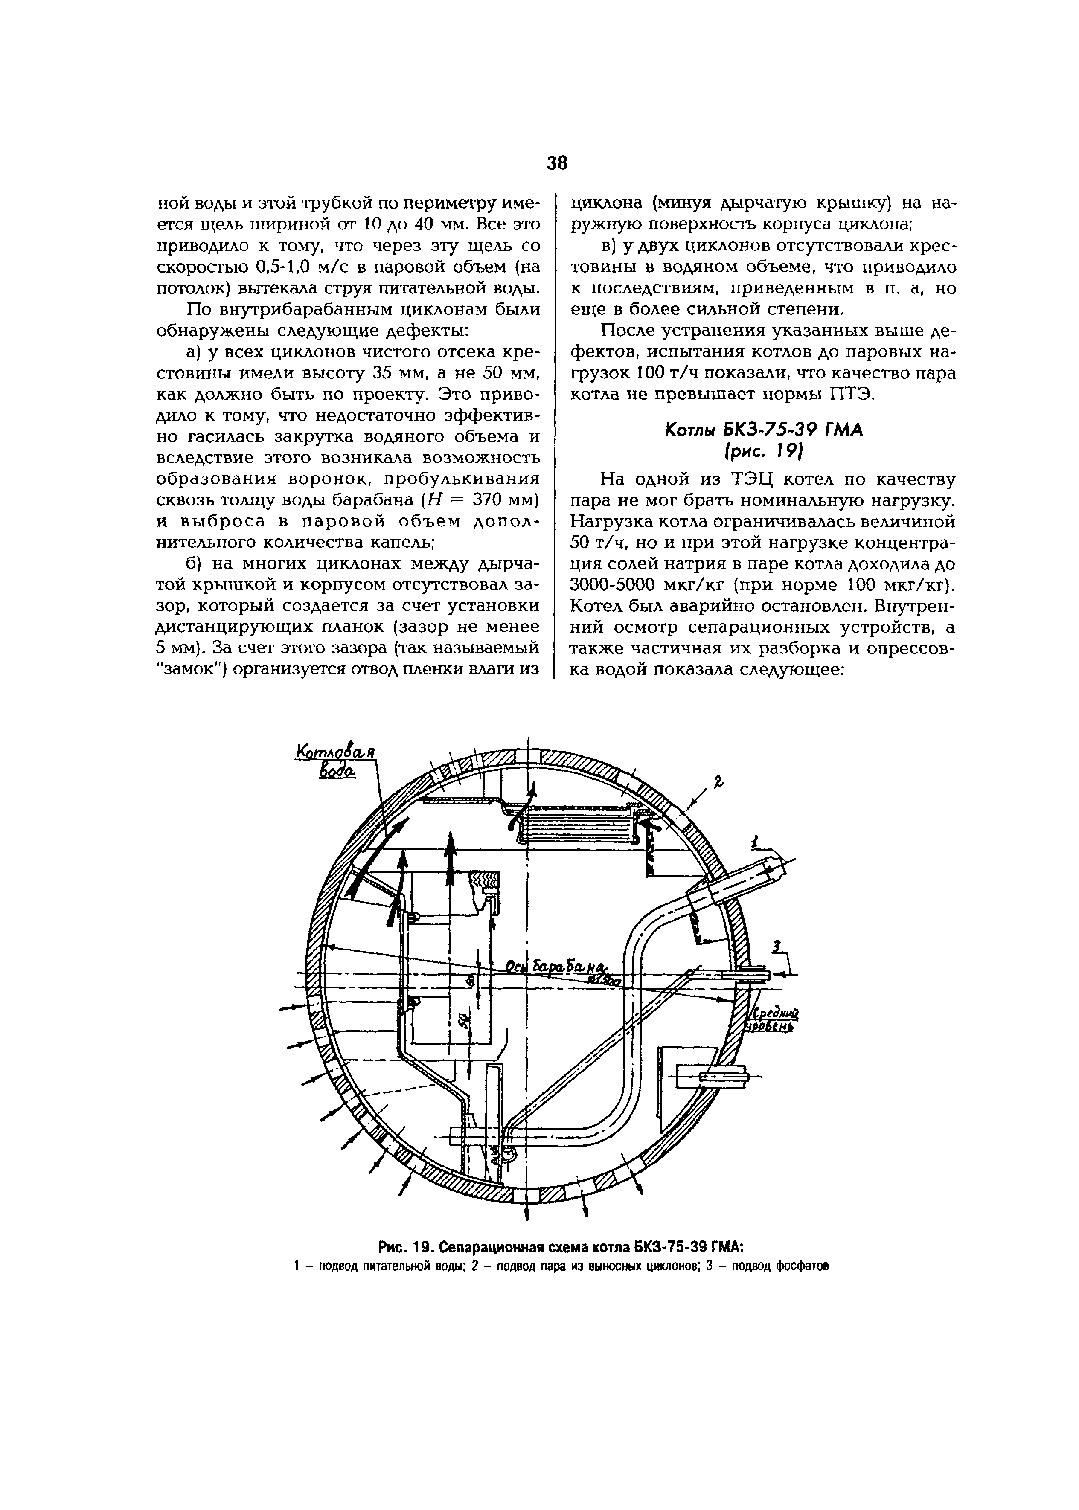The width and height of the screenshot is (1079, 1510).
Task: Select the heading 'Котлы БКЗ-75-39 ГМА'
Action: (763, 430)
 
